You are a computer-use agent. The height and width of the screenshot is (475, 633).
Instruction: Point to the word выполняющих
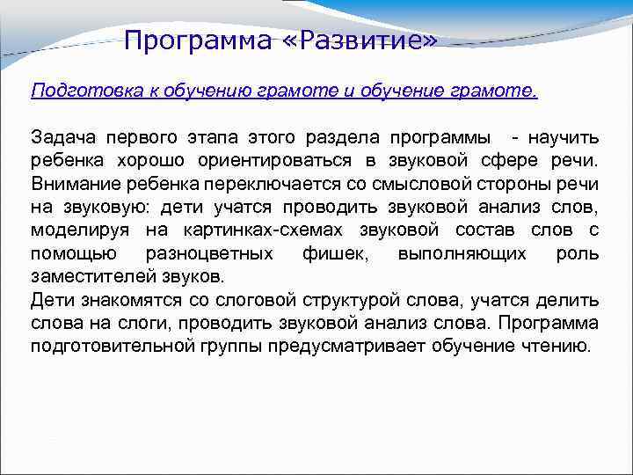(x=462, y=253)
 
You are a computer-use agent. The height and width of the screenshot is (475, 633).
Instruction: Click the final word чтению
(x=557, y=346)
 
